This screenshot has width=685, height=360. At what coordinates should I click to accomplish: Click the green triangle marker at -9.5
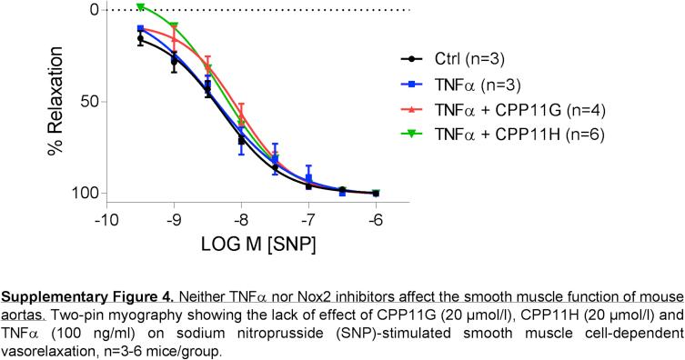click(140, 7)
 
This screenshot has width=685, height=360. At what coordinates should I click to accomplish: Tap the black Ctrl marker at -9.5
click(140, 39)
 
